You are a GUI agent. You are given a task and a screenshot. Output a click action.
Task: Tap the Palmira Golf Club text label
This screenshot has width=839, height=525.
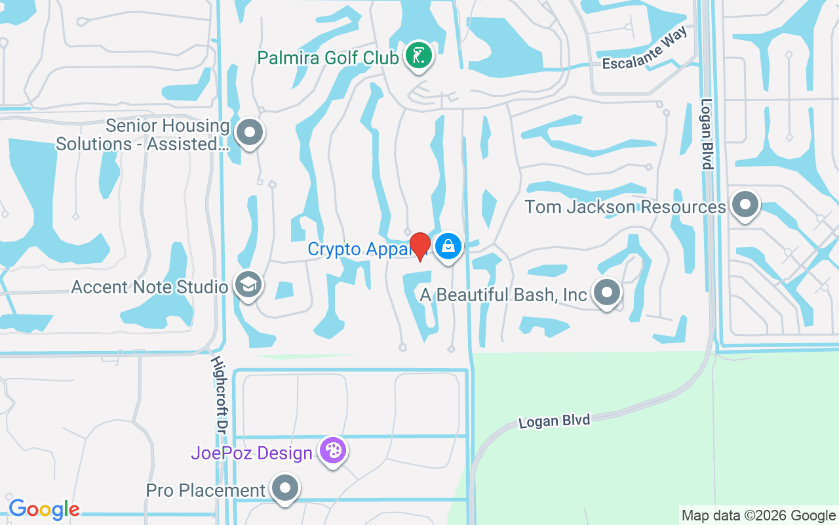(x=328, y=58)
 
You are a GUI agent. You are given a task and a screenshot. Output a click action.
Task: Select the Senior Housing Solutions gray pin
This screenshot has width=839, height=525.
(x=249, y=133)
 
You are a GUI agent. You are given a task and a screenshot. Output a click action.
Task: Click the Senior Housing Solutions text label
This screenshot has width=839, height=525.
(x=143, y=135)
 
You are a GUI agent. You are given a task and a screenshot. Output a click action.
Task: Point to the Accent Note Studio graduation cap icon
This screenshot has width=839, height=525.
(x=249, y=285)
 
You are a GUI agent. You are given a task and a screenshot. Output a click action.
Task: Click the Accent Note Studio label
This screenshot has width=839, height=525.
(x=149, y=287)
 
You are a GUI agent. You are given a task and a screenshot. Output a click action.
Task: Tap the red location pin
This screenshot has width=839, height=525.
(x=419, y=245)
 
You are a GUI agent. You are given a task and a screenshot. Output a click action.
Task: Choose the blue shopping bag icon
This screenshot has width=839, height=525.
(x=448, y=247)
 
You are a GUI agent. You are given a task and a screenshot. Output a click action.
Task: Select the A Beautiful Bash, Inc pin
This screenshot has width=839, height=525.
(x=607, y=293)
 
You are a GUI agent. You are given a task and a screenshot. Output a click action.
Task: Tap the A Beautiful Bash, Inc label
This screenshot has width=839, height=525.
(x=503, y=295)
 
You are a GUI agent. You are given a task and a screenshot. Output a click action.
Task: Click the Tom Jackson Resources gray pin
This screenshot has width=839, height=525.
(x=745, y=205)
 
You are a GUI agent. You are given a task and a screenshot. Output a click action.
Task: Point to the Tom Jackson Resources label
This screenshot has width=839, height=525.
(x=625, y=207)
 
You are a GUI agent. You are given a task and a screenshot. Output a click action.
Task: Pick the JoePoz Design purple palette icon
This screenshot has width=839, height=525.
(x=333, y=451)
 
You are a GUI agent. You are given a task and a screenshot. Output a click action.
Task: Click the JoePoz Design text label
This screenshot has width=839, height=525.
(x=252, y=453)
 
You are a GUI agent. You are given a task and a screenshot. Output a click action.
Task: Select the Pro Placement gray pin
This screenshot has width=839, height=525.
(x=285, y=488)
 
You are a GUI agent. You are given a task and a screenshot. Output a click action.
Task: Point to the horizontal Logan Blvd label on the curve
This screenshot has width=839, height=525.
(x=555, y=420)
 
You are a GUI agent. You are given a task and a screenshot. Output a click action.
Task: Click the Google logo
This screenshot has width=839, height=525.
(x=44, y=509)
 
